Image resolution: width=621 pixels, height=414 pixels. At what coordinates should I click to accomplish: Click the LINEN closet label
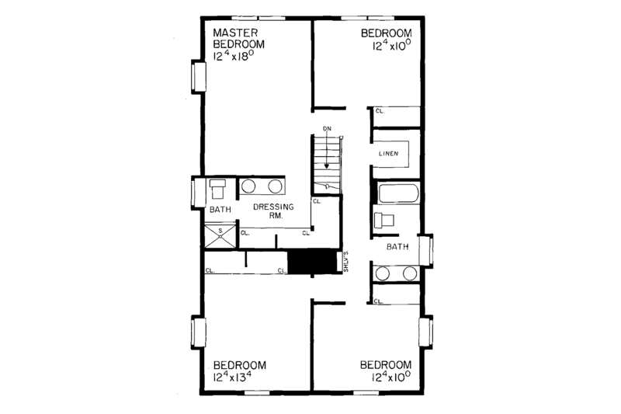pos(388,153)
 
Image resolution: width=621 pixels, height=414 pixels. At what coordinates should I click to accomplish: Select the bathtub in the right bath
pos(397,193)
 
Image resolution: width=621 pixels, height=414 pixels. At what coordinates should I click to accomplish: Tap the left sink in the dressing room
pos(250,186)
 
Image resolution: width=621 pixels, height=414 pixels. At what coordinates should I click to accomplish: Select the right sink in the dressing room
pos(275,186)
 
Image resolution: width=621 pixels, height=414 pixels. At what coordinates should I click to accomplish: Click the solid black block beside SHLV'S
pos(310,263)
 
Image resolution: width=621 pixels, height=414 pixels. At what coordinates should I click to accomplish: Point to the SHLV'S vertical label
pos(345,262)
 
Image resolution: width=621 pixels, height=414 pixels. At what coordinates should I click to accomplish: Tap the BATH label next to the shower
pos(220,210)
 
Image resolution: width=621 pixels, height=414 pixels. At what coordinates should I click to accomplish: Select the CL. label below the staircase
pos(316,200)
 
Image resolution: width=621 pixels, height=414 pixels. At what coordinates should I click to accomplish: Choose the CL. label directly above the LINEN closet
pos(380,111)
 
